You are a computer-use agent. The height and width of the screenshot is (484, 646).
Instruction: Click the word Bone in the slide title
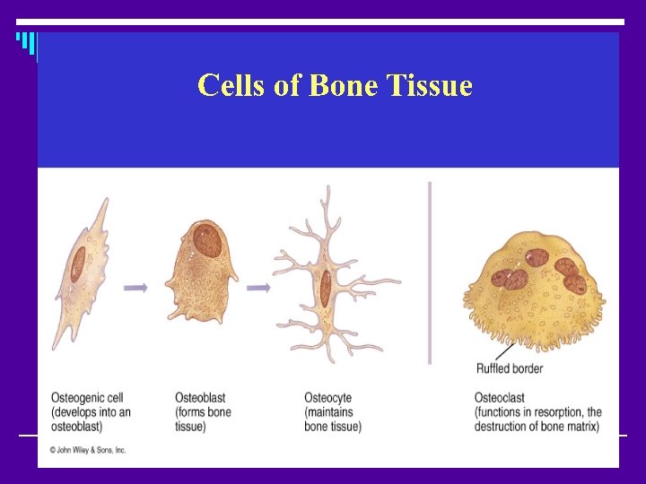point(344,86)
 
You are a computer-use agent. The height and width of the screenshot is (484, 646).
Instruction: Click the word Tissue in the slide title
point(430,86)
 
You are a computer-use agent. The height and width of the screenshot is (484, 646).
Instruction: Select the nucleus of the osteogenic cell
point(78,264)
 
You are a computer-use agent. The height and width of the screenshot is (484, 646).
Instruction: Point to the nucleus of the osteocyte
point(325,287)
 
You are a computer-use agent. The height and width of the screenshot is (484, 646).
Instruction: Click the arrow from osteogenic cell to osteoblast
point(135,288)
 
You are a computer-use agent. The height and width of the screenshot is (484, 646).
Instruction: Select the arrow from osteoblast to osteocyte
point(258,288)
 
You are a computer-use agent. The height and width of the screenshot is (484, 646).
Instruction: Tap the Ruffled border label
point(509,368)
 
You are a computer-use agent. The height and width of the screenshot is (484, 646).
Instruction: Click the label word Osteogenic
point(77,398)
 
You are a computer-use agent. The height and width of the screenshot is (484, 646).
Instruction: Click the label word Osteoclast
point(500,398)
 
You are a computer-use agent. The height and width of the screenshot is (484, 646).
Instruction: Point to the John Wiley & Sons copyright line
point(88,450)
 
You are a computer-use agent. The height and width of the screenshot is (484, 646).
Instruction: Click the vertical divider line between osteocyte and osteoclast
point(430,269)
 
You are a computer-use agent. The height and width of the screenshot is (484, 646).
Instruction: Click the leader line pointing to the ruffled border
point(500,351)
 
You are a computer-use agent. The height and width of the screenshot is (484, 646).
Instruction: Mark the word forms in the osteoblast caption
point(193,412)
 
